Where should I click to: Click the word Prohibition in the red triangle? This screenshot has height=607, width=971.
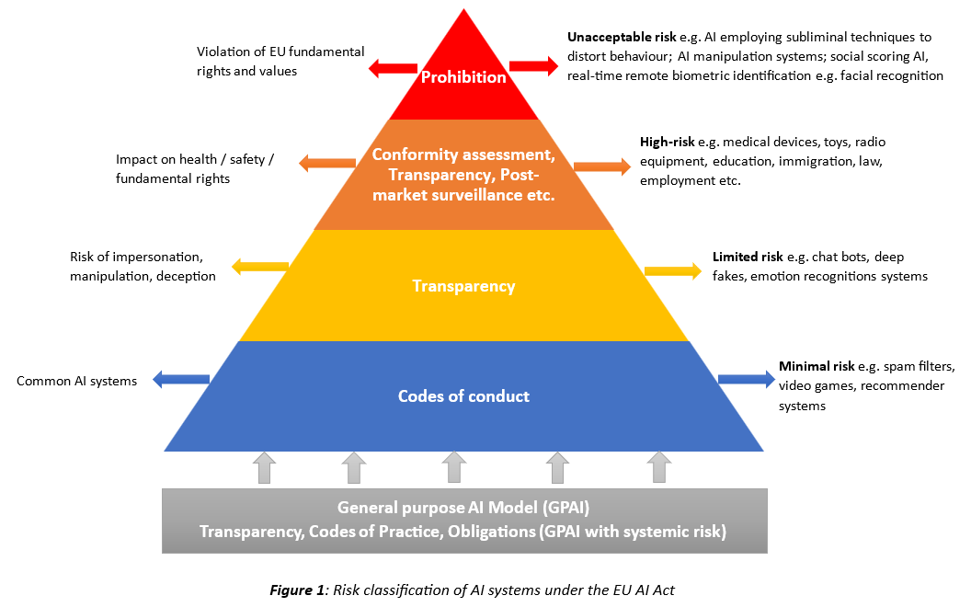[463, 77]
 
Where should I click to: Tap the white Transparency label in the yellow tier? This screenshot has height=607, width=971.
[463, 286]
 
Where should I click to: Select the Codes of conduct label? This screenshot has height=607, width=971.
[463, 396]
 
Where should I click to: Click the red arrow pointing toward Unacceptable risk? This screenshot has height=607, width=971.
[533, 66]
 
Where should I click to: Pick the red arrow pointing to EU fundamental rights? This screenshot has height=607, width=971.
[393, 67]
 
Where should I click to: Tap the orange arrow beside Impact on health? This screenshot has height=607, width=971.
[327, 164]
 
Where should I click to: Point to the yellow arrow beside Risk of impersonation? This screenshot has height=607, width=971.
[260, 268]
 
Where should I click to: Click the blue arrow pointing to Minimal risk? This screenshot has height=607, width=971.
[746, 378]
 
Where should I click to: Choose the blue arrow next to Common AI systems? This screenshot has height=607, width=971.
[181, 378]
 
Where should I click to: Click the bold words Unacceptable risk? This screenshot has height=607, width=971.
[612, 38]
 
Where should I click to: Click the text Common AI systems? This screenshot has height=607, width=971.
[76, 381]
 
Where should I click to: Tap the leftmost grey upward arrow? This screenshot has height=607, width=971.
[264, 467]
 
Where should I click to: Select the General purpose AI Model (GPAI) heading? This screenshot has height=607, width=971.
[463, 507]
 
